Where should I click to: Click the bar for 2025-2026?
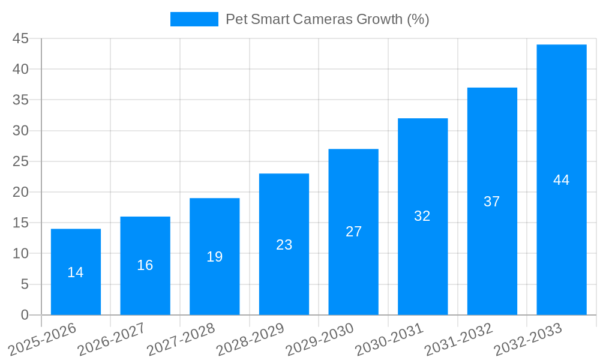[x=76, y=272]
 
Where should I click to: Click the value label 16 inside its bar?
[x=145, y=265]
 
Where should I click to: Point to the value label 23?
[x=284, y=245]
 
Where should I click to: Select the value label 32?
[x=422, y=216]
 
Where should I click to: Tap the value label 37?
[x=492, y=202]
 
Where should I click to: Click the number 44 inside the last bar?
[x=562, y=180]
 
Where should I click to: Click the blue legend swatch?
[x=194, y=19]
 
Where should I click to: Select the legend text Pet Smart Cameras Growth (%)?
[x=327, y=19]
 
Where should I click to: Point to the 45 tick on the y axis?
[x=20, y=38]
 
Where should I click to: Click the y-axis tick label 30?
[x=20, y=131]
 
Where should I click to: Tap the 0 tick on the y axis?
[x=25, y=315]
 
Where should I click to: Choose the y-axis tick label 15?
[x=20, y=223]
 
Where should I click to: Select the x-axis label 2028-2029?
[x=251, y=340]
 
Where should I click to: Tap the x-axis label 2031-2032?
[x=459, y=340]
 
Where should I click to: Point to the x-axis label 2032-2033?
[x=529, y=340]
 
